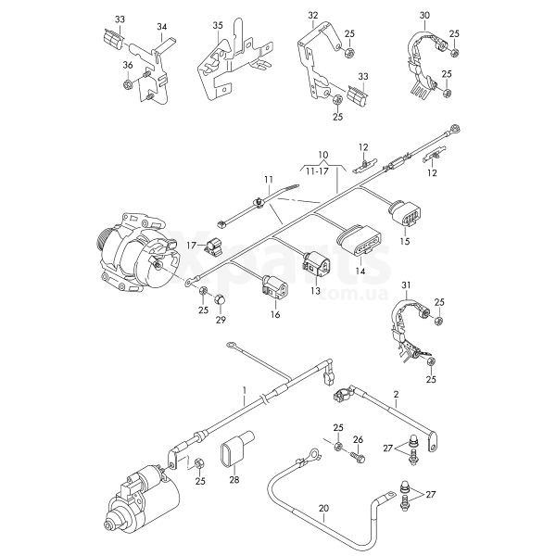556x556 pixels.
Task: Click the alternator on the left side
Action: pyautogui.click(x=130, y=251)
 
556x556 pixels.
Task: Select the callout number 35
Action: pyautogui.click(x=218, y=24)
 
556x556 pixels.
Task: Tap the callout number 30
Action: pyautogui.click(x=424, y=16)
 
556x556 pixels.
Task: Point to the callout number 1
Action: pyautogui.click(x=244, y=391)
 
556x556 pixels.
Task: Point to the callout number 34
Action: pyautogui.click(x=162, y=27)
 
